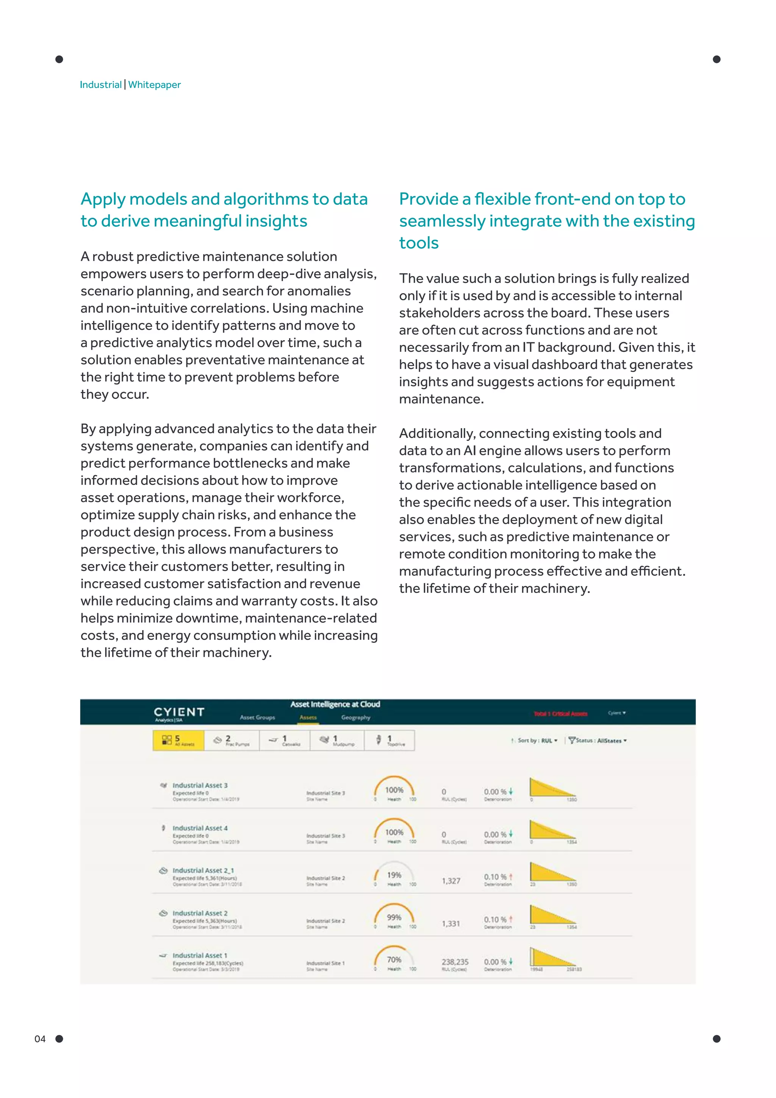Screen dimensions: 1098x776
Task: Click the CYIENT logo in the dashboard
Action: pos(179,712)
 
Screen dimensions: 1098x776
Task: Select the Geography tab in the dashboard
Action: pos(355,717)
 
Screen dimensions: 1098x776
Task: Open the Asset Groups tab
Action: pos(258,717)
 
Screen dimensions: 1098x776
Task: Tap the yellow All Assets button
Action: pos(178,740)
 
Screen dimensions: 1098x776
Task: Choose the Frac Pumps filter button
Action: pos(232,740)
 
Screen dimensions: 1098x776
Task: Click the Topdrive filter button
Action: pos(390,740)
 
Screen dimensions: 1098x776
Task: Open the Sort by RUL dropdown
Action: pos(538,740)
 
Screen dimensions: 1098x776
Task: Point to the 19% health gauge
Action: pos(394,875)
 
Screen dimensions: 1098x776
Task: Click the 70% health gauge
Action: pos(394,960)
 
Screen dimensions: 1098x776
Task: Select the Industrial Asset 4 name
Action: pos(200,828)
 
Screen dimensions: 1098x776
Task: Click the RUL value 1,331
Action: pos(451,924)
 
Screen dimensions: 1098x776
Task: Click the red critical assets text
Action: pos(560,714)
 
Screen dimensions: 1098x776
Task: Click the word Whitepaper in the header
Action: pos(154,85)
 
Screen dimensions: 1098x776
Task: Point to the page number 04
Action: pos(40,1039)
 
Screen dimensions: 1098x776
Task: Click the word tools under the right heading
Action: pos(419,243)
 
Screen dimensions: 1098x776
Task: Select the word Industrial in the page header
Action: pos(100,85)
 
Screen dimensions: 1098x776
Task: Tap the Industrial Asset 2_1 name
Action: pos(203,871)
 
